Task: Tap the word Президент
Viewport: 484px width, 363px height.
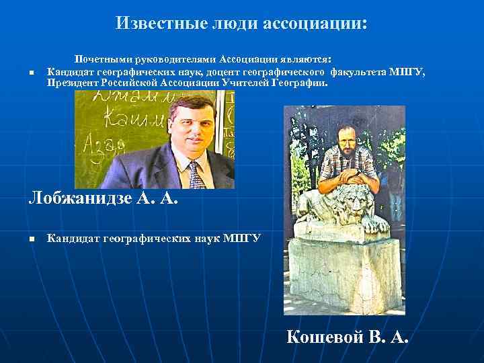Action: click(x=73, y=84)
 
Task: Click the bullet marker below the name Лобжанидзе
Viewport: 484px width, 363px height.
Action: click(x=31, y=239)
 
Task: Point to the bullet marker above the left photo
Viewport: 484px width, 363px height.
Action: click(x=31, y=73)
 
